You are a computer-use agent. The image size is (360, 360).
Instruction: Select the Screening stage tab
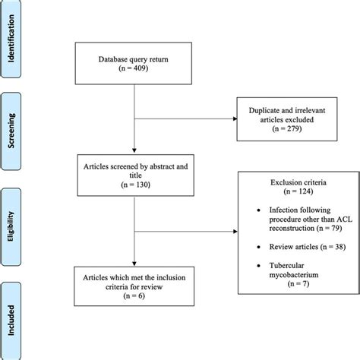13,131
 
